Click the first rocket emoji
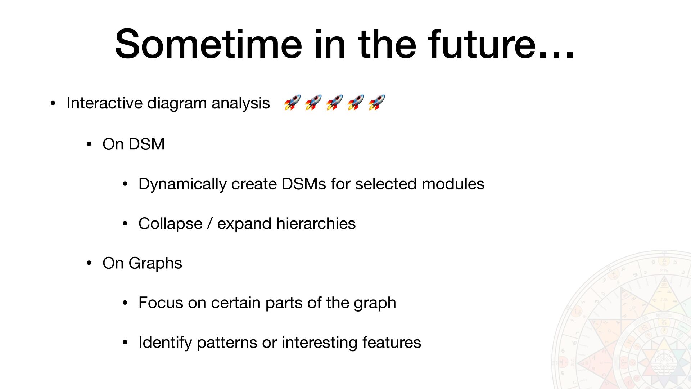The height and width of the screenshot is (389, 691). coord(292,102)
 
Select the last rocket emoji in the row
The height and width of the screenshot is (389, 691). coord(377,102)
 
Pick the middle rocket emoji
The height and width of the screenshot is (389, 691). coord(334,102)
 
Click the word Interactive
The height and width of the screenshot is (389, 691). coord(105,103)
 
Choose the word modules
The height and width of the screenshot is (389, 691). coord(453,184)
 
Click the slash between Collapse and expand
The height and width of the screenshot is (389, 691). coord(210,224)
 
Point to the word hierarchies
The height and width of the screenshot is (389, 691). coord(316,224)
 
